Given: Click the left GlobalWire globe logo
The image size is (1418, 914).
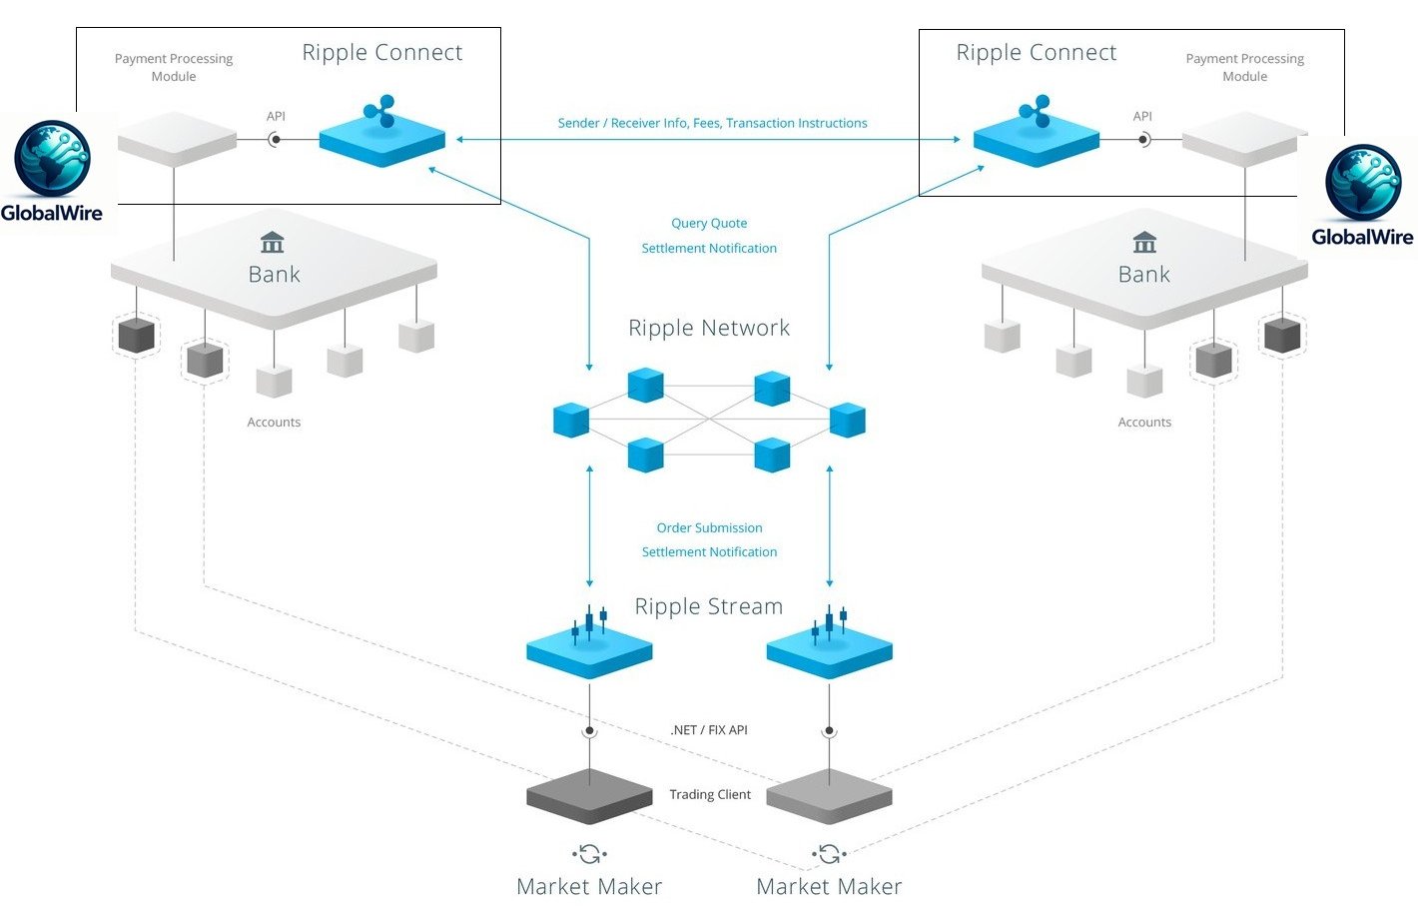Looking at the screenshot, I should coord(52,159).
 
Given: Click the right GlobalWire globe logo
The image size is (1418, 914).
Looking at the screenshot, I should coord(1363,183).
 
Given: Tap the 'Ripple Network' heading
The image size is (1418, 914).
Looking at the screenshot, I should coord(709,329).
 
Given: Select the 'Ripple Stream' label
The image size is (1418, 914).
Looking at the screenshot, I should coord(709,606).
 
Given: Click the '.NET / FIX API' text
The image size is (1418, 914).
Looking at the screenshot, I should coord(709,730).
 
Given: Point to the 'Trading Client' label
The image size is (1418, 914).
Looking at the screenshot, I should coord(710,795).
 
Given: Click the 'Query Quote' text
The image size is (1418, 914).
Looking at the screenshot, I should coord(709,224).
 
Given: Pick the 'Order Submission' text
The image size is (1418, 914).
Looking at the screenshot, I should coord(709,528).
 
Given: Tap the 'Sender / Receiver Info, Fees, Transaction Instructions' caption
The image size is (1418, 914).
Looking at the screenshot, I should coord(712,124).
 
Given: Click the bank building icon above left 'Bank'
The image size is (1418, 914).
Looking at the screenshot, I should coord(272,243).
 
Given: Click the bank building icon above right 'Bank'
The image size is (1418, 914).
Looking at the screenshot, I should coord(1144,243).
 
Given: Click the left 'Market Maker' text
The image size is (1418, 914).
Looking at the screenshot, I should coord(589,887).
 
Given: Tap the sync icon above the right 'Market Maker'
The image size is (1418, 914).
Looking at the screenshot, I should coord(829,854).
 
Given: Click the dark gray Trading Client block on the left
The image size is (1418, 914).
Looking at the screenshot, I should coord(589,796).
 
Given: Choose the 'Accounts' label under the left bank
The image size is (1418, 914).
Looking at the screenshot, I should coord(274,423).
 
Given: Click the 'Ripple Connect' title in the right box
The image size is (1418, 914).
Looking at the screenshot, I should coord(1037,53).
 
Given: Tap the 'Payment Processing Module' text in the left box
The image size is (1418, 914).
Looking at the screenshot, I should coord(174,68).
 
